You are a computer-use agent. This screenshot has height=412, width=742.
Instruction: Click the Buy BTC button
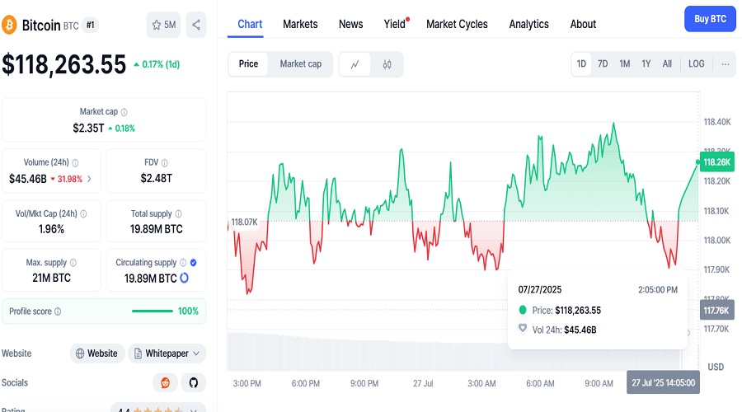pyautogui.click(x=710, y=19)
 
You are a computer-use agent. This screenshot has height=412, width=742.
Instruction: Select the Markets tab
pyautogui.click(x=300, y=24)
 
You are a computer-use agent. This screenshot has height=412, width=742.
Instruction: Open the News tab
pyautogui.click(x=350, y=24)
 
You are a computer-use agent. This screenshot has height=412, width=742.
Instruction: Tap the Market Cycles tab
pyautogui.click(x=457, y=24)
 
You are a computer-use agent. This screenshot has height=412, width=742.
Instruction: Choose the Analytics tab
pyautogui.click(x=528, y=24)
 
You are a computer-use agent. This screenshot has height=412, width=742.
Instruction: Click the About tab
pyautogui.click(x=583, y=24)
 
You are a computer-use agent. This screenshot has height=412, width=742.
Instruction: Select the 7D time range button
pyautogui.click(x=603, y=63)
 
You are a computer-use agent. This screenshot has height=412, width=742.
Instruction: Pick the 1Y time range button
pyautogui.click(x=646, y=63)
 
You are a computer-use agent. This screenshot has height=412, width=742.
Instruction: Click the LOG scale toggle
pyautogui.click(x=696, y=63)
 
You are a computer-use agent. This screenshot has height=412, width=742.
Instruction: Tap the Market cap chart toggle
pyautogui.click(x=300, y=63)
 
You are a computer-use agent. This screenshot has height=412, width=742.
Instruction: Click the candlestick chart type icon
pyautogui.click(x=387, y=64)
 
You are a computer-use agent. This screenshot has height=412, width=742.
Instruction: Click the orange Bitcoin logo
pyautogui.click(x=9, y=25)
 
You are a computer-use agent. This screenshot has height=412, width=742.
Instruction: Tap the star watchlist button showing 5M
pyautogui.click(x=164, y=25)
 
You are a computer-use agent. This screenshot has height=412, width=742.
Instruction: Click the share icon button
pyautogui.click(x=196, y=25)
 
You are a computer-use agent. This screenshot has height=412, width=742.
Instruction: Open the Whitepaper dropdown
pyautogui.click(x=167, y=353)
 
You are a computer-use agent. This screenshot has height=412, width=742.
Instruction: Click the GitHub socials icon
pyautogui.click(x=194, y=382)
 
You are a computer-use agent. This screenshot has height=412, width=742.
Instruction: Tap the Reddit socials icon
pyautogui.click(x=165, y=382)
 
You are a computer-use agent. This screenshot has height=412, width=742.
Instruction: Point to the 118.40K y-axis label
pyautogui.click(x=717, y=122)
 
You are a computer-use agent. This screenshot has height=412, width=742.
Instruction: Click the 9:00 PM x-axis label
pyautogui.click(x=364, y=383)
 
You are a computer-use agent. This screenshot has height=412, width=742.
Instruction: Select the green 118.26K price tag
pyautogui.click(x=717, y=162)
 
